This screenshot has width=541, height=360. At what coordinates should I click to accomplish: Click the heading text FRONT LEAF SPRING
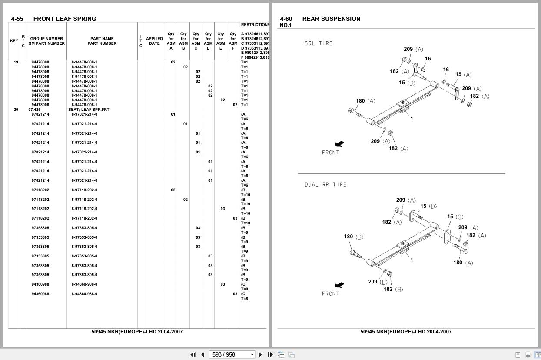pyautogui.click(x=65, y=19)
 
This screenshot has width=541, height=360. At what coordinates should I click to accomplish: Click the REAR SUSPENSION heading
pyautogui.click(x=332, y=19)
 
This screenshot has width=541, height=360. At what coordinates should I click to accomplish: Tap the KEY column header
pyautogui.click(x=14, y=41)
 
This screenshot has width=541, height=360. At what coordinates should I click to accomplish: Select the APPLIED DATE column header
pyautogui.click(x=154, y=41)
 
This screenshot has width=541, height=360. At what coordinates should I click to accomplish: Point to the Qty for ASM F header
pyautogui.click(x=233, y=41)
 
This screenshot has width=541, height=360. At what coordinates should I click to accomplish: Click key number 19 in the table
pyautogui.click(x=16, y=62)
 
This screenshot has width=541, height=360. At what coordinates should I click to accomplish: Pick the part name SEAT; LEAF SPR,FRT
pyautogui.click(x=89, y=110)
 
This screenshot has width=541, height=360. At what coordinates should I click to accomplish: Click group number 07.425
pyautogui.click(x=34, y=110)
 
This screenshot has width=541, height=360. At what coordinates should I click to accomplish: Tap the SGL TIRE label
pyautogui.click(x=319, y=43)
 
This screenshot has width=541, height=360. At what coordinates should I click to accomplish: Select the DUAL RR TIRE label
pyautogui.click(x=325, y=185)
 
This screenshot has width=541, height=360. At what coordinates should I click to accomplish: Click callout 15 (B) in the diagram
pyautogui.click(x=407, y=83)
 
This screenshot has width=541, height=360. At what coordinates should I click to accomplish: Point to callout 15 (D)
pyautogui.click(x=428, y=206)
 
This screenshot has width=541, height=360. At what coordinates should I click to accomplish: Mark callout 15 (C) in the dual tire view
pyautogui.click(x=455, y=217)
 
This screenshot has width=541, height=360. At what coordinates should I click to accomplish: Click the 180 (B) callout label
pyautogui.click(x=354, y=237)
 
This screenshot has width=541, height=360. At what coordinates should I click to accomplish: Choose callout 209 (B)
pyautogui.click(x=378, y=282)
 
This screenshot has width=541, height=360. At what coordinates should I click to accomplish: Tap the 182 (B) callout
pyautogui.click(x=393, y=289)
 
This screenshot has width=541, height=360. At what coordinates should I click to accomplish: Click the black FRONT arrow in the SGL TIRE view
pyautogui.click(x=339, y=144)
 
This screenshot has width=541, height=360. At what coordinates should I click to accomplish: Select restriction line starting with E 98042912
pyautogui.click(x=255, y=53)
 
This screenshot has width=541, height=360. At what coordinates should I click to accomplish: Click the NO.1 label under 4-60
pyautogui.click(x=286, y=25)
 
